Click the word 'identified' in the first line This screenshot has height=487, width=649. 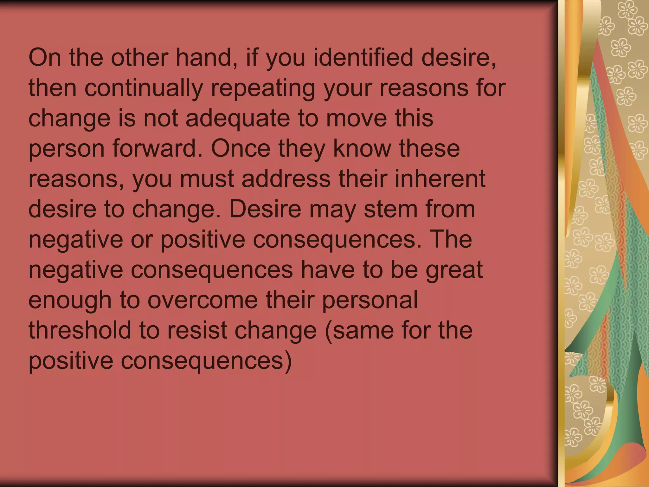[x=363, y=58]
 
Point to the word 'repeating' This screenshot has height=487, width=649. [x=263, y=88]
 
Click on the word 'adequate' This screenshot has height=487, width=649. [x=238, y=119]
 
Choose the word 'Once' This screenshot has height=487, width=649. [x=241, y=148]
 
